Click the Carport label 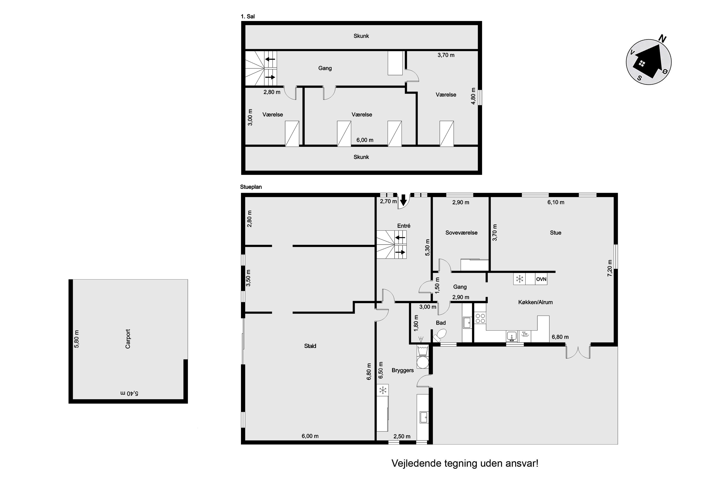(x=128, y=339)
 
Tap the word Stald (x=310, y=346)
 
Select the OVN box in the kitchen (x=541, y=279)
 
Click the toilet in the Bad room (x=439, y=336)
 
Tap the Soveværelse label (x=461, y=233)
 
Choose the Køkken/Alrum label (x=535, y=302)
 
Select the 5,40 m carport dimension (x=129, y=393)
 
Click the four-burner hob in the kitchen (x=480, y=318)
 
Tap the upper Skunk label (x=361, y=36)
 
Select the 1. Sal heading (x=248, y=16)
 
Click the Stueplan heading (x=251, y=187)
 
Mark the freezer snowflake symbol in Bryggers (x=383, y=390)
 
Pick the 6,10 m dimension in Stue (x=556, y=202)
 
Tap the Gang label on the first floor (x=325, y=68)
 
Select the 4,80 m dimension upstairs (x=473, y=96)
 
